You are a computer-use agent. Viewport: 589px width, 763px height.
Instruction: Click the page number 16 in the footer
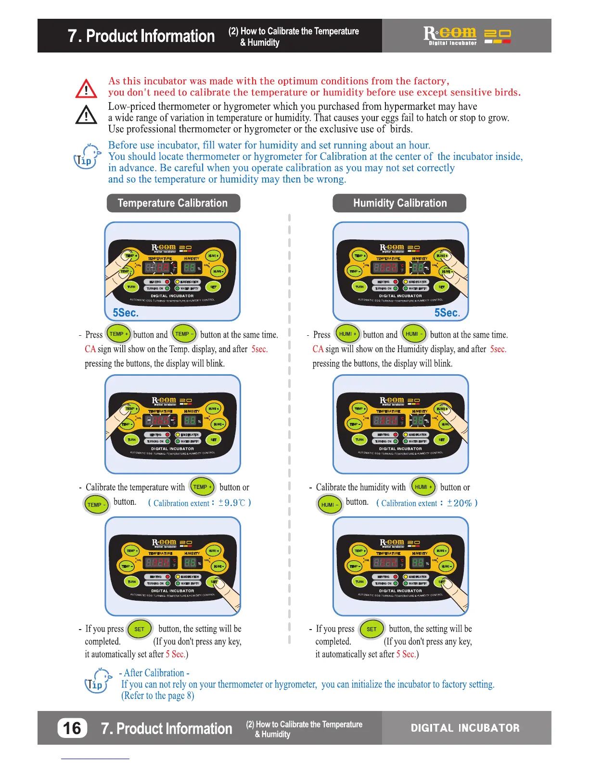pos(72,728)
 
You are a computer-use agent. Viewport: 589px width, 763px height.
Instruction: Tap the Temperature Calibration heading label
pos(173,203)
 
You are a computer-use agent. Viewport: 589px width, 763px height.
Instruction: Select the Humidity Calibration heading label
pos(400,203)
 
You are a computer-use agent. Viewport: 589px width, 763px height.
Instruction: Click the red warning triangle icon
pos(86,89)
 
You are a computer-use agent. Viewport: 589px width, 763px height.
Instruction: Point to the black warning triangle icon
pos(86,115)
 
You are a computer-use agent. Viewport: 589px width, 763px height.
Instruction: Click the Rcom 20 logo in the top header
pos(466,35)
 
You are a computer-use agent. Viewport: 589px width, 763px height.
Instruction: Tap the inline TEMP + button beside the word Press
pos(118,334)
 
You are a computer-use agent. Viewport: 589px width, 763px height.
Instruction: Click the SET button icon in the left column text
pos(140,629)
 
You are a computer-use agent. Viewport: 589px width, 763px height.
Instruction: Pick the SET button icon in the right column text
pos(371,629)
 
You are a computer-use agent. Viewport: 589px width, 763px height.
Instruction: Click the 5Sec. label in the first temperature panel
pos(126,313)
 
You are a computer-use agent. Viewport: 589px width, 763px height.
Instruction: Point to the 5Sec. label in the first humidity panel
pos(447,313)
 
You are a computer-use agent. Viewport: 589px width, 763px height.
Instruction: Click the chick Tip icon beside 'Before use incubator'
pos(87,156)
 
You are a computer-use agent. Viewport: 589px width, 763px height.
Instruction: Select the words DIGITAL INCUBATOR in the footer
pos(465,728)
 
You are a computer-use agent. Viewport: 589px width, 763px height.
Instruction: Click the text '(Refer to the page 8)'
pos(157,696)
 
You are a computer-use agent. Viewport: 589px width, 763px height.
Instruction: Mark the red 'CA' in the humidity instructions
pos(318,349)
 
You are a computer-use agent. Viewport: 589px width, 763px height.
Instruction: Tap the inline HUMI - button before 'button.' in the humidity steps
pos(330,504)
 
